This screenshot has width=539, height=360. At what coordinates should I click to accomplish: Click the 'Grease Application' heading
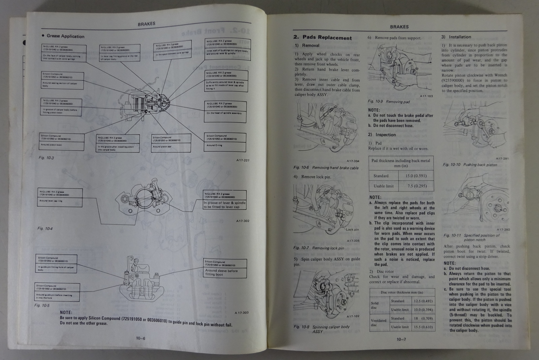click(65, 36)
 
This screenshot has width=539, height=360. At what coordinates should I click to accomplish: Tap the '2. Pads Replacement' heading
click(322, 38)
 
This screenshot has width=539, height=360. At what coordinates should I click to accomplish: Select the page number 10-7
click(401, 339)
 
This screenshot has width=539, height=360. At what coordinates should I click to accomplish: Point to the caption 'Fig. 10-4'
click(45, 229)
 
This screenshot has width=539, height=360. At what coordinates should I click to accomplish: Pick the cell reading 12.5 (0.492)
click(423, 301)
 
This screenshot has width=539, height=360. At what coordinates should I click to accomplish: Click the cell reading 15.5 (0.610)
click(423, 327)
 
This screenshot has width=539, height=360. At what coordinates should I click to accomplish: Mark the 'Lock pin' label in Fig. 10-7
click(352, 230)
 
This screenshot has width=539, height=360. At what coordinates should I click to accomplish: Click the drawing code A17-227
click(243, 160)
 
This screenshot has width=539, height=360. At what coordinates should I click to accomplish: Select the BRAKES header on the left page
click(147, 24)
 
